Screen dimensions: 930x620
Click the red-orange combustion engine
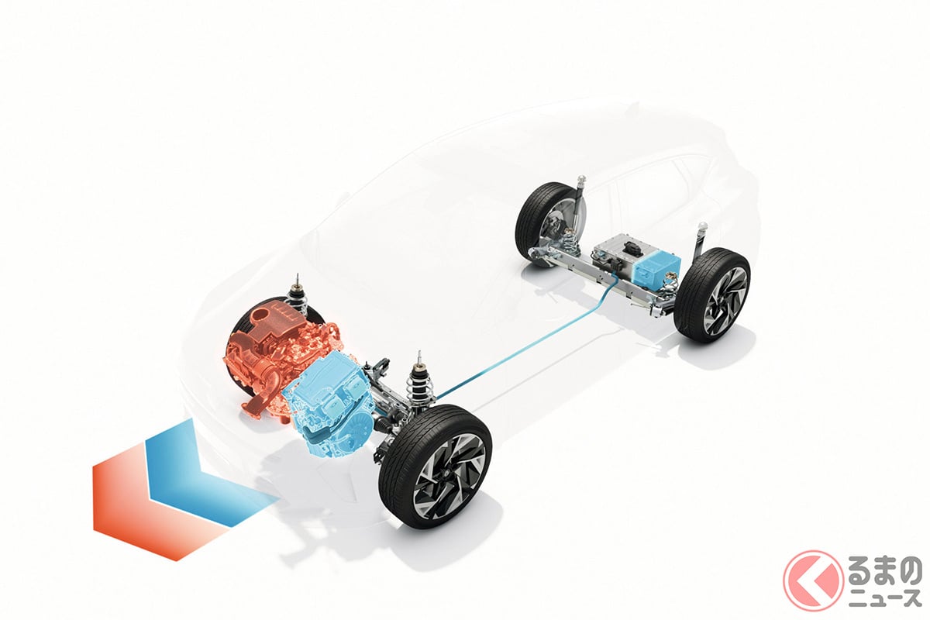click(x=274, y=366)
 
